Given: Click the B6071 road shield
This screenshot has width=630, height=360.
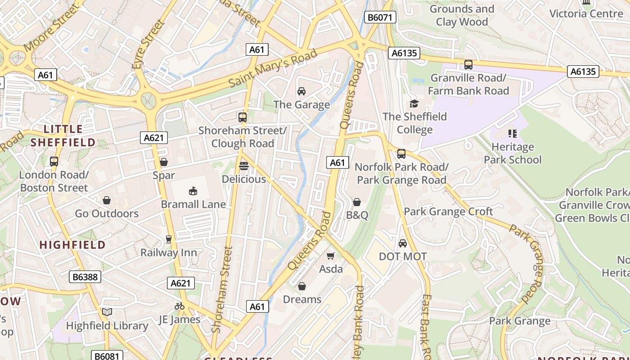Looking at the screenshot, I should point(380,18).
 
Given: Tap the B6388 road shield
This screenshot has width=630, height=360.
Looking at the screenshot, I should point(85,277).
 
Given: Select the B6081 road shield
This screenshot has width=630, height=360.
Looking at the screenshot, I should point(107,356).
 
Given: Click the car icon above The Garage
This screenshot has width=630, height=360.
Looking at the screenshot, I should point(301,91).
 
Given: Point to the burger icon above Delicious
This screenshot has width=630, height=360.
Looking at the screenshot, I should point(244,166).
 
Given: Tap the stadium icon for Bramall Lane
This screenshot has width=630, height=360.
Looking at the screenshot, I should point(193,191).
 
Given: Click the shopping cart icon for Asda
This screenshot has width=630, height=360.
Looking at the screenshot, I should point(331,256).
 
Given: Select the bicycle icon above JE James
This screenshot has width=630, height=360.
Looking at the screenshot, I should point(179,306).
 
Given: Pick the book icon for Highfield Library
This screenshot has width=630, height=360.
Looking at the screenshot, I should point(107,312).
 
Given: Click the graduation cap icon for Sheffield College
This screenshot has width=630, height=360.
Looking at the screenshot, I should point(414,103).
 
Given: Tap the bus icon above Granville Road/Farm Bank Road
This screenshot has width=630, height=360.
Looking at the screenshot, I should point(468,65).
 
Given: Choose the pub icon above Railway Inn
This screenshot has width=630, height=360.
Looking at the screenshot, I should point(169,239).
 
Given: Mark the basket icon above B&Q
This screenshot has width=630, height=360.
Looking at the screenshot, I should point(357,202).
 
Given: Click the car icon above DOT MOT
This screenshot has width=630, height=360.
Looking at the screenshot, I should point(403,243).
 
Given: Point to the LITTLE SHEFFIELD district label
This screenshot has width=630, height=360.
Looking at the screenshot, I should point(63,136).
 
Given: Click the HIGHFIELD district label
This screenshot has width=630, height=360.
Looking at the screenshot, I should point(72,245).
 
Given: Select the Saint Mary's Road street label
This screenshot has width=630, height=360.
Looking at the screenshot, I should point(273,68).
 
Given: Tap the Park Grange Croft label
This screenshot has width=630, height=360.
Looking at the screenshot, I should point(448,211).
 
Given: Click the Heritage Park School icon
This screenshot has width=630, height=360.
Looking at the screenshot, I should point(512,134).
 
